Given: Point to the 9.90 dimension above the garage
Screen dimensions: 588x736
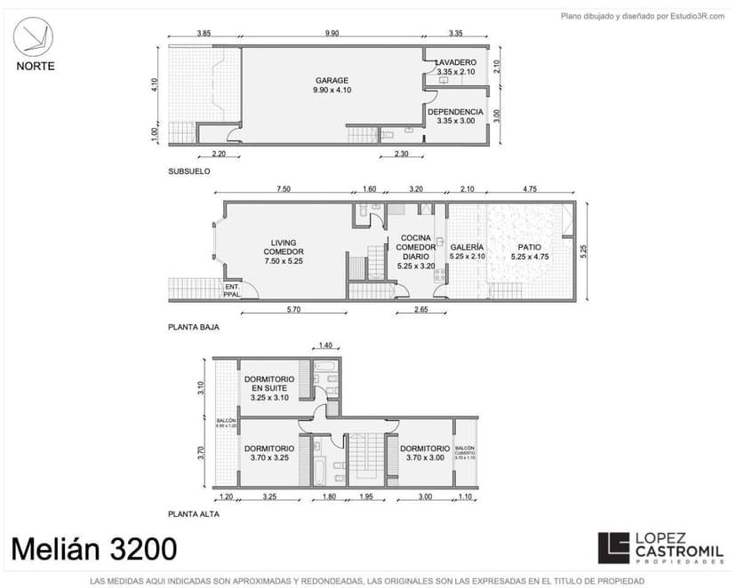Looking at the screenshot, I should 332,33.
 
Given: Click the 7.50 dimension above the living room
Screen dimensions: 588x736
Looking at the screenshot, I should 284,188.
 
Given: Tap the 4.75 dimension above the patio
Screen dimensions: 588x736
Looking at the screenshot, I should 530,188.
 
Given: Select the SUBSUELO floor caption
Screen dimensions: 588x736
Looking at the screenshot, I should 188,171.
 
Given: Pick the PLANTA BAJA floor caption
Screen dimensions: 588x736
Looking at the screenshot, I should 193,327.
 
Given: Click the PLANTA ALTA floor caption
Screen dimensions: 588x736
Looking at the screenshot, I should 193,513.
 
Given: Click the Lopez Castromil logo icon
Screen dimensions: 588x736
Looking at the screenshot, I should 612,549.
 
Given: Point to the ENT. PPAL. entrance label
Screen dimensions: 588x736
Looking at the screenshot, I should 232,290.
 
